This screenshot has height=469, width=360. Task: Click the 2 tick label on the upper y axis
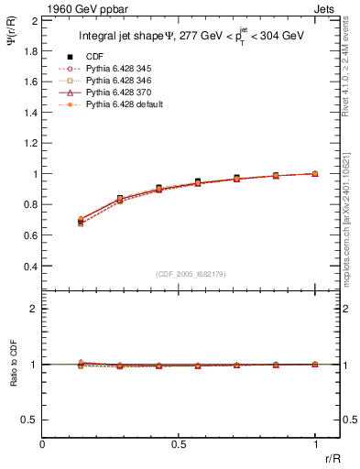click(x=33, y=19)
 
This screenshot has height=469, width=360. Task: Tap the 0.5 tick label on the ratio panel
click(x=28, y=420)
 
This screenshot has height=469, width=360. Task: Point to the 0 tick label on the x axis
click(x=43, y=444)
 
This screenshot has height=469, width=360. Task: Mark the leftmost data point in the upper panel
click(x=81, y=222)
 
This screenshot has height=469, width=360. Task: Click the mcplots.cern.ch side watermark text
click(x=351, y=220)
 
